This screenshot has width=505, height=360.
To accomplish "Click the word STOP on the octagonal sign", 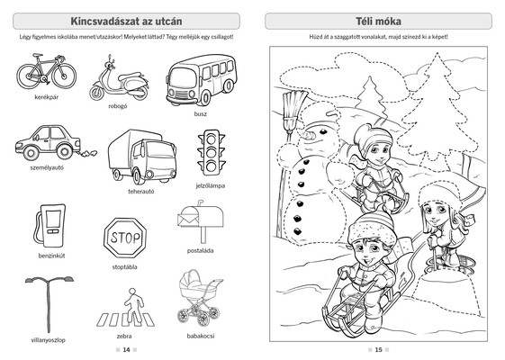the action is (125, 238).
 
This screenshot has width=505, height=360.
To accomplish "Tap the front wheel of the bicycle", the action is (64, 76).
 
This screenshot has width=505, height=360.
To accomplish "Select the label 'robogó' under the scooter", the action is (118, 106).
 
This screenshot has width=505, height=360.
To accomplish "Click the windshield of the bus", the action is (183, 77).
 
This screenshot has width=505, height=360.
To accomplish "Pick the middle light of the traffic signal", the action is (211, 153).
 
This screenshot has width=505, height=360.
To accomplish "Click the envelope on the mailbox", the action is (188, 220).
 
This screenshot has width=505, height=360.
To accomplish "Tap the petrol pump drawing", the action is (50, 226).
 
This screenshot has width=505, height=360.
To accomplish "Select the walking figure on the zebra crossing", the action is (133, 304).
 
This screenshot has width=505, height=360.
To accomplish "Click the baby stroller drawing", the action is (200, 297).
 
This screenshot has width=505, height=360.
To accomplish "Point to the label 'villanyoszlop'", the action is (48, 340).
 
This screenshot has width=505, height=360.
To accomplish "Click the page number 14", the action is (126, 350).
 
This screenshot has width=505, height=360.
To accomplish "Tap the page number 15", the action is (378, 350).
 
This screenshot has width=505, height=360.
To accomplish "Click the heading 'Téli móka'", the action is (378, 22).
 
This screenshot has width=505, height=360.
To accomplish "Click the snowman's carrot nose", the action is (309, 134).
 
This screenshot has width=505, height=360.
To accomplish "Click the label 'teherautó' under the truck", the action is (141, 192).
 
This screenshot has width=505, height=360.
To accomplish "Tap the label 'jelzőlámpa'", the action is (211, 185).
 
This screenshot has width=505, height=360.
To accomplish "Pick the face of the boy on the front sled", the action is (370, 251).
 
